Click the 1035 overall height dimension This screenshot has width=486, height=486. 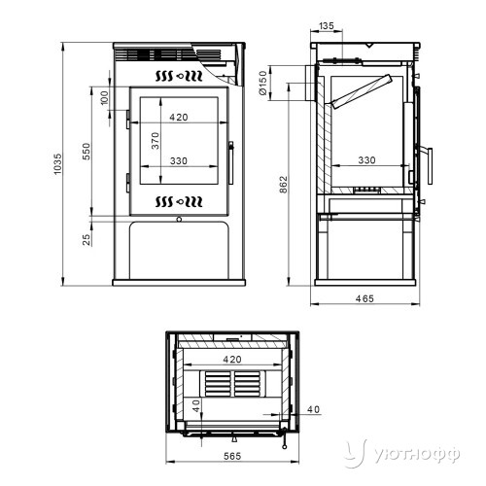pyautogui.click(x=57, y=164)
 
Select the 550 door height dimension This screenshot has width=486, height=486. pyautogui.click(x=87, y=152)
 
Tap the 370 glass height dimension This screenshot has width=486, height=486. pyautogui.click(x=156, y=141)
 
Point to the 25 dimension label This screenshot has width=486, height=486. pyautogui.click(x=87, y=240)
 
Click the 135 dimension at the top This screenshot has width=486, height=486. pyautogui.click(x=327, y=26)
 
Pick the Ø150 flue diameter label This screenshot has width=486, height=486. pyautogui.click(x=263, y=83)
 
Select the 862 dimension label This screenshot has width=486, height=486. pyautogui.click(x=283, y=185)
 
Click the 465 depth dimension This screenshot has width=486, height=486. pyautogui.click(x=364, y=298)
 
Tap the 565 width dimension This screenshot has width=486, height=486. pyautogui.click(x=232, y=456)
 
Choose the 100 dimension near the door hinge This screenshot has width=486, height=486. pyautogui.click(x=104, y=98)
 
